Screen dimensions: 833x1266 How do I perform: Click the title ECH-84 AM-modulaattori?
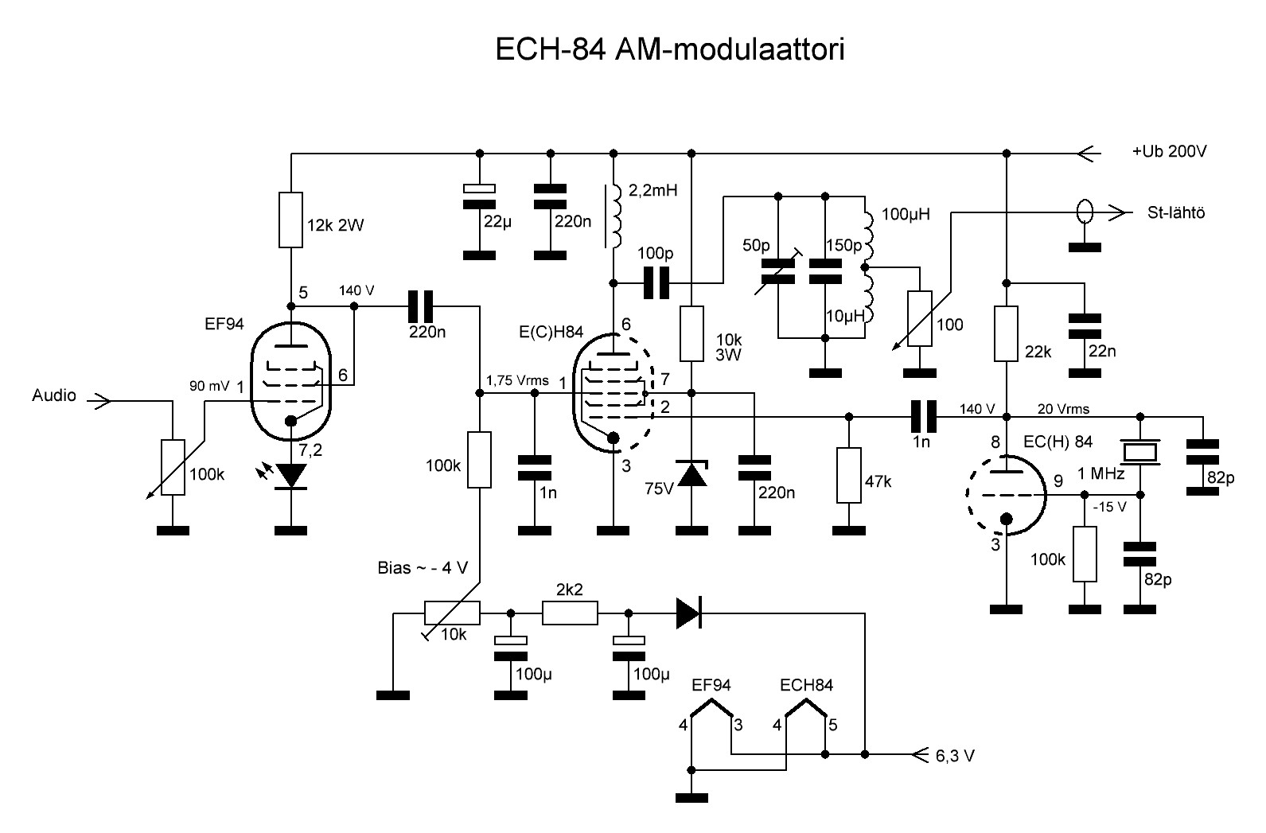click(x=669, y=49)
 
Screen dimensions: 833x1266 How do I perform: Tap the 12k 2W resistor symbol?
click(x=291, y=220)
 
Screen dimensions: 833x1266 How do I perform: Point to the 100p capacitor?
click(x=656, y=282)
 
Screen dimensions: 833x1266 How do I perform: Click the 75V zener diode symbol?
click(x=691, y=473)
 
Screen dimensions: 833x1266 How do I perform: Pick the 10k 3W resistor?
click(x=691, y=334)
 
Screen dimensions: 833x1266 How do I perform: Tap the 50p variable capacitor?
click(x=778, y=271)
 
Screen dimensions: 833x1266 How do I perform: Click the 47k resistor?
click(x=849, y=475)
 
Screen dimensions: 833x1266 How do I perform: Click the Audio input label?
click(x=54, y=395)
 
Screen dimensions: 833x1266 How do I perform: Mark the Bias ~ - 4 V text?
click(x=423, y=568)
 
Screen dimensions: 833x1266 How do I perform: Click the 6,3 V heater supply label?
click(x=955, y=756)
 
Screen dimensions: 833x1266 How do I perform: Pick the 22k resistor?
click(x=1007, y=334)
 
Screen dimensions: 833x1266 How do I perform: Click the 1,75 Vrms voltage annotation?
click(x=518, y=380)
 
